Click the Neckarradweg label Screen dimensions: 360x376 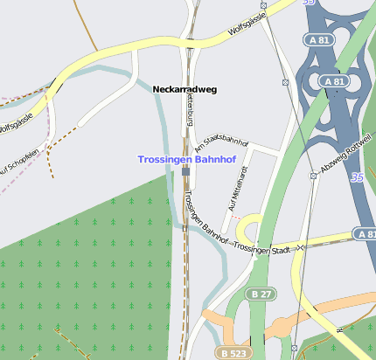tap(184, 89)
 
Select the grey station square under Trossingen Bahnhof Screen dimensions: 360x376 tap(185, 172)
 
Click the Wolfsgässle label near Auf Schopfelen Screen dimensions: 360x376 tap(16, 123)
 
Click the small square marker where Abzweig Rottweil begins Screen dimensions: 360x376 tap(313, 176)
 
